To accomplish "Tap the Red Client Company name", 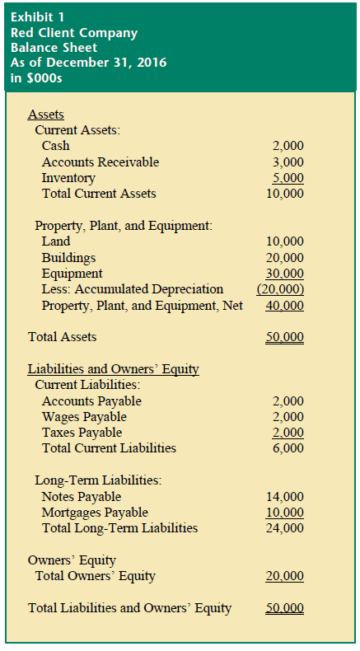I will pyautogui.click(x=74, y=33).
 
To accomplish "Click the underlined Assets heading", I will pyautogui.click(x=46, y=115).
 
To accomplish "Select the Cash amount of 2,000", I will pyautogui.click(x=288, y=146).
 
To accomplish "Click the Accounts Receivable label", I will pyautogui.click(x=101, y=162).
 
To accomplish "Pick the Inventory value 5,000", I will pyautogui.click(x=288, y=178).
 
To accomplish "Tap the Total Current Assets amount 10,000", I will pyautogui.click(x=285, y=194).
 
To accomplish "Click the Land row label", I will pyautogui.click(x=56, y=241).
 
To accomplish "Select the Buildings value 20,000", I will pyautogui.click(x=285, y=258).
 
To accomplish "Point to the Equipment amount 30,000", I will pyautogui.click(x=285, y=274).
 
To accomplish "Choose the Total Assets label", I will pyautogui.click(x=62, y=337).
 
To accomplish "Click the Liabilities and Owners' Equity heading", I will pyautogui.click(x=114, y=369).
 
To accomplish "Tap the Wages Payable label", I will pyautogui.click(x=82, y=417).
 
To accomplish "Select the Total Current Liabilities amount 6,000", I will pyautogui.click(x=288, y=448).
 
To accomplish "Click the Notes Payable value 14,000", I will pyautogui.click(x=285, y=497).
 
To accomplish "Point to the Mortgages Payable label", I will pyautogui.click(x=95, y=513).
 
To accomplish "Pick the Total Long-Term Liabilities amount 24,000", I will pyautogui.click(x=285, y=528).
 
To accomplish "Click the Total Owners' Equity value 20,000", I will pyautogui.click(x=285, y=576).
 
